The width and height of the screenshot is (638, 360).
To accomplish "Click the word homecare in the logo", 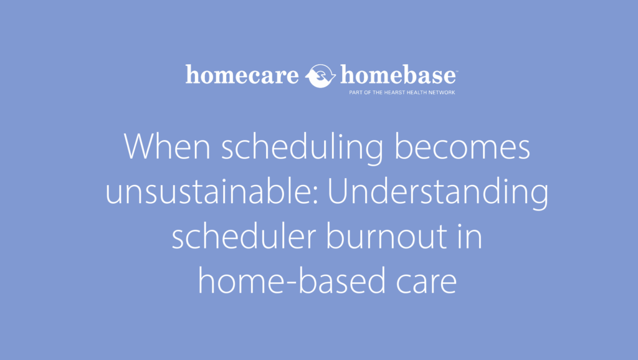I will tap(242, 76).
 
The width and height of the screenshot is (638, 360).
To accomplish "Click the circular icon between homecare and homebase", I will tap(321, 77).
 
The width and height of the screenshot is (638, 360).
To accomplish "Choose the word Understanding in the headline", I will tap(438, 194).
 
